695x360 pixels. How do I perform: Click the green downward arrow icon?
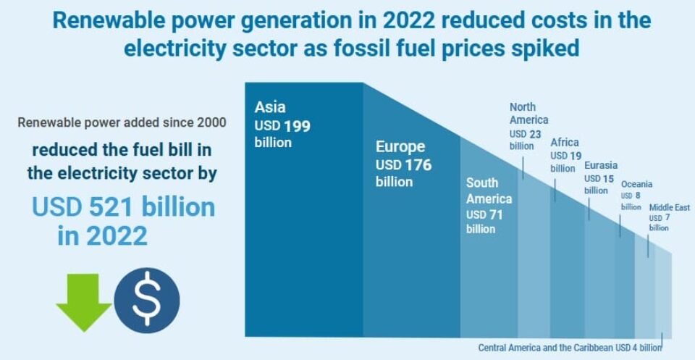pos(84,302)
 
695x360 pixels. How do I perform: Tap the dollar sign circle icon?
pos(147,300)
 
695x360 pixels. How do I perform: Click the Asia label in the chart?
pos(270,108)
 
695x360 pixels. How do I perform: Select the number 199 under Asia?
pos(298,126)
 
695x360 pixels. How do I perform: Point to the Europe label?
pos(400,147)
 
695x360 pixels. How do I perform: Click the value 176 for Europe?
pos(418,165)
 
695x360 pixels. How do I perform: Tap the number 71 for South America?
pos(495,215)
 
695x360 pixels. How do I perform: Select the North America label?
pos(528,114)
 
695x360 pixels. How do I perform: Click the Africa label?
pos(565,142)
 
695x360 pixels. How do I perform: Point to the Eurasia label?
pos(601,166)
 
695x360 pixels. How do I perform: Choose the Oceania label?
pos(636,185)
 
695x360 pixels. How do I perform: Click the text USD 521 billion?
pos(124,207)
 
